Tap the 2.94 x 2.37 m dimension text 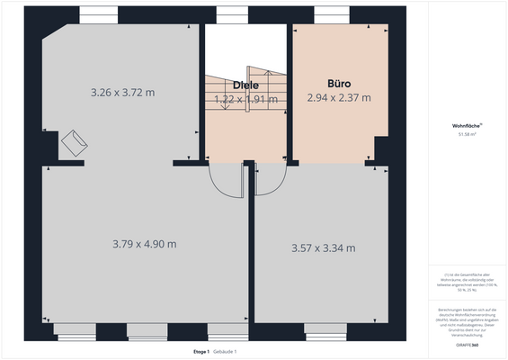tap(338, 97)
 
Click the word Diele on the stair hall tap(245, 85)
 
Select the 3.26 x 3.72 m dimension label tap(123, 92)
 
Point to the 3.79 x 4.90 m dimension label tap(144, 244)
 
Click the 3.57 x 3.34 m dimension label tap(323, 247)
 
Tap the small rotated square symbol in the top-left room tap(74, 141)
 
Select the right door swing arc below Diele tap(271, 180)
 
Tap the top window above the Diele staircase tap(228, 15)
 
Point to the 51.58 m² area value tap(466, 136)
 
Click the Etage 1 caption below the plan tap(201, 351)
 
